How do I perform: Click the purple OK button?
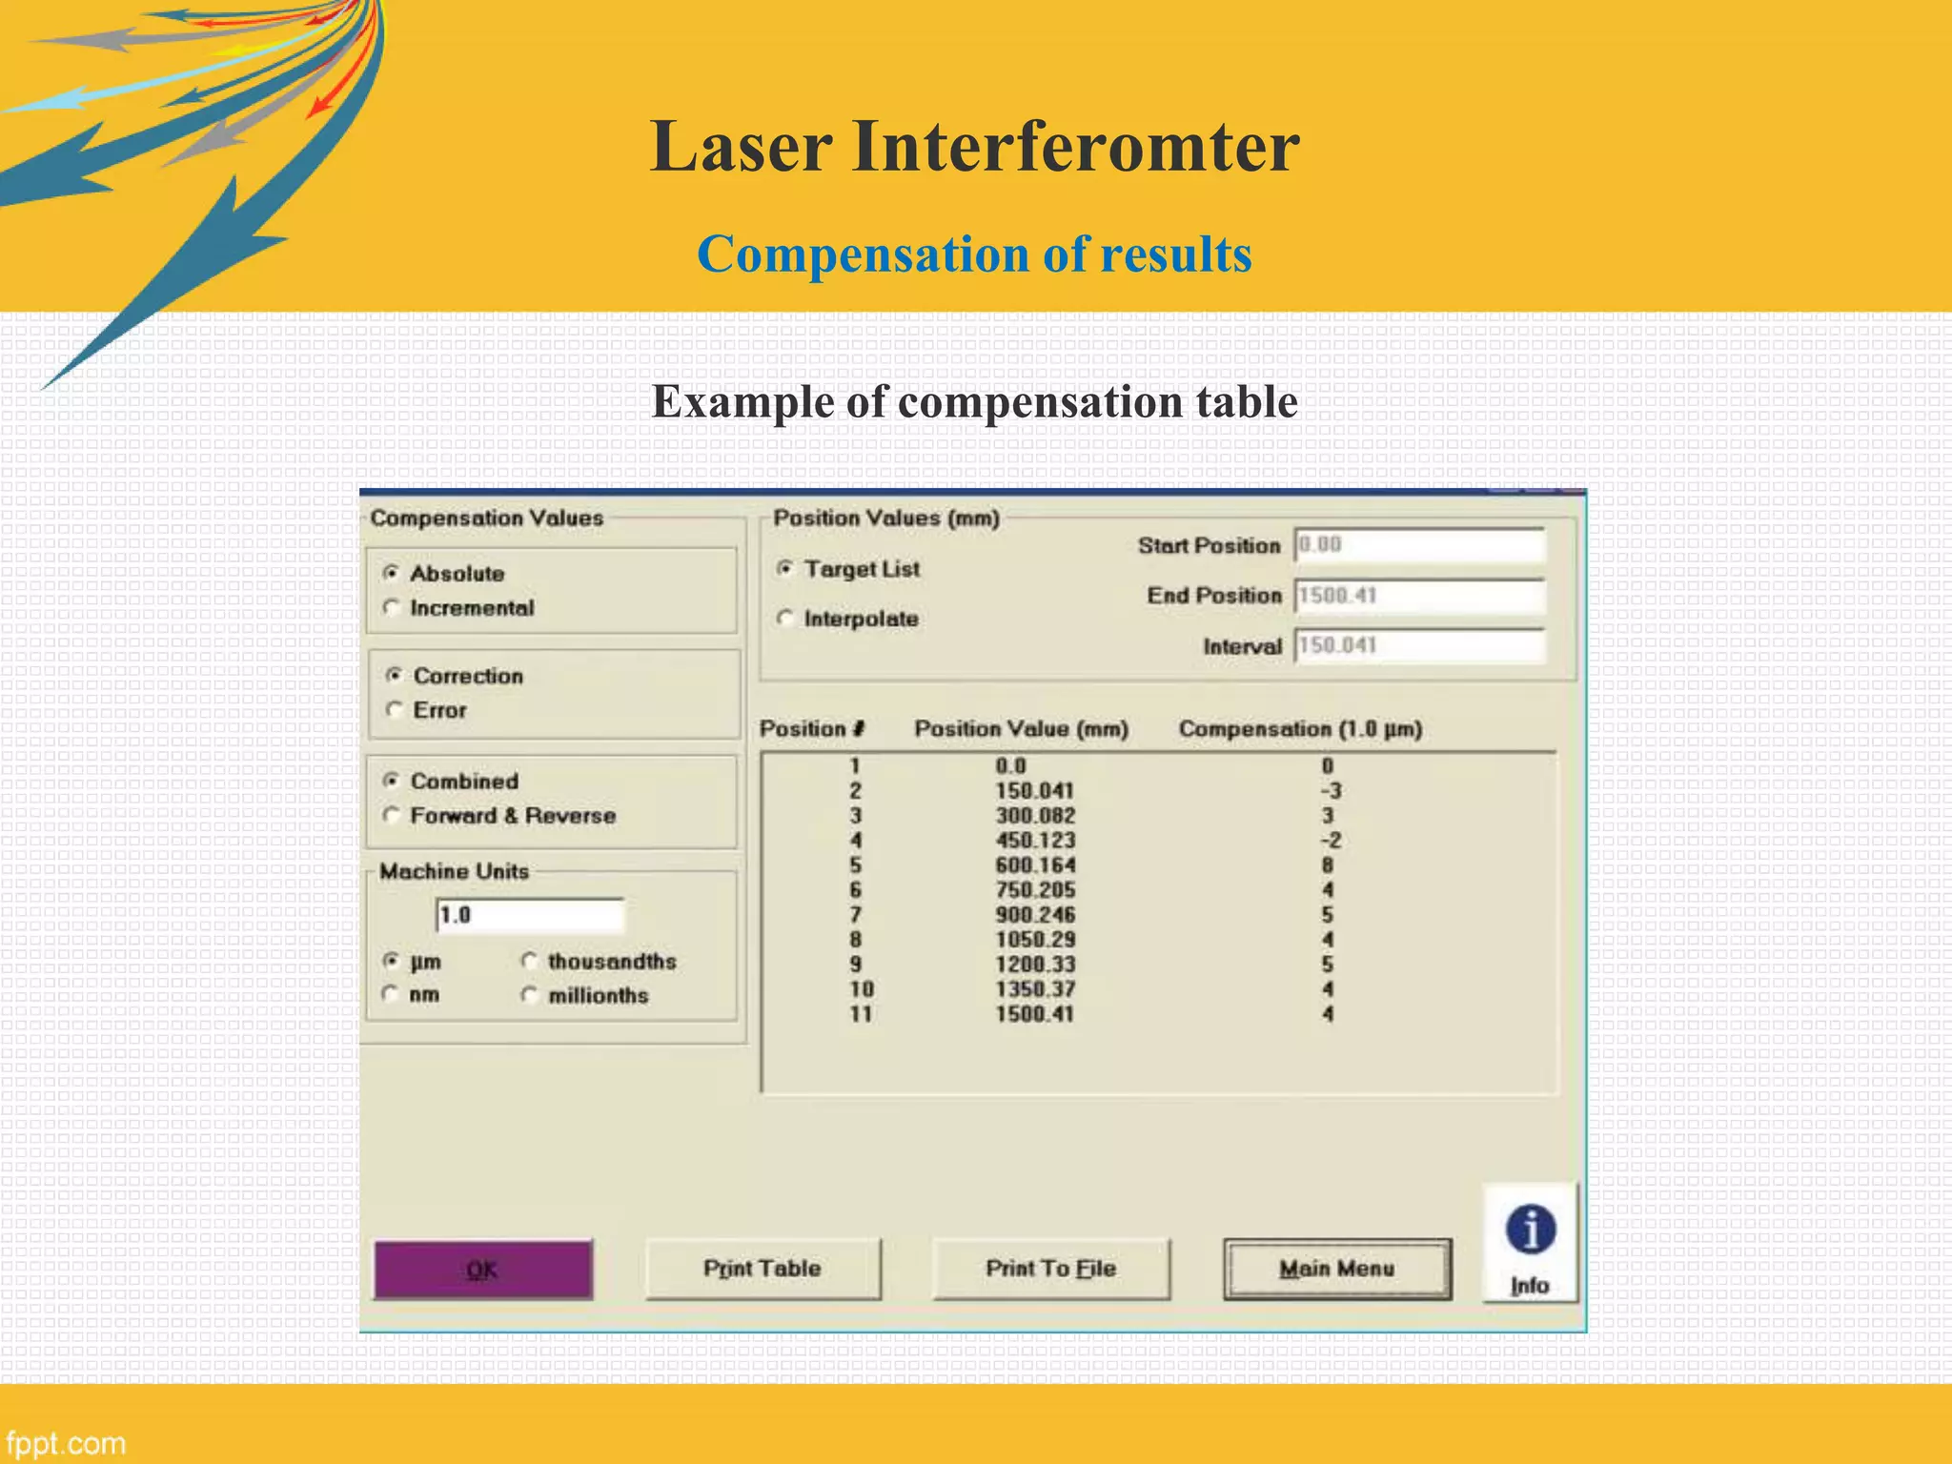pos(482,1269)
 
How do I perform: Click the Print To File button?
pos(1050,1269)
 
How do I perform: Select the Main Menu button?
pos(1336,1269)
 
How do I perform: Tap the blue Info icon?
pos(1530,1230)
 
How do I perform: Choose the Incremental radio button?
pos(391,607)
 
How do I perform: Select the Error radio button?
pos(394,709)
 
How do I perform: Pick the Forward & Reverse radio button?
pos(391,815)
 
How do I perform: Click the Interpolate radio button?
pos(784,619)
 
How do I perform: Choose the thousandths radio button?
pos(530,961)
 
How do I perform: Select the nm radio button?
pos(391,994)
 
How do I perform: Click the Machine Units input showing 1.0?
pos(530,915)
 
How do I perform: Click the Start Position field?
pos(1418,545)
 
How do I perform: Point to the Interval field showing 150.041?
pos(1418,645)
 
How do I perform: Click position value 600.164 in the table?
pos(1035,865)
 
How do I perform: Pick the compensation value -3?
pos(1331,791)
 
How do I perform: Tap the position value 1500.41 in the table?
pos(1034,1014)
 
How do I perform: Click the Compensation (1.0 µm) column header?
pos(1300,729)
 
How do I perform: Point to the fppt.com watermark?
pos(65,1443)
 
